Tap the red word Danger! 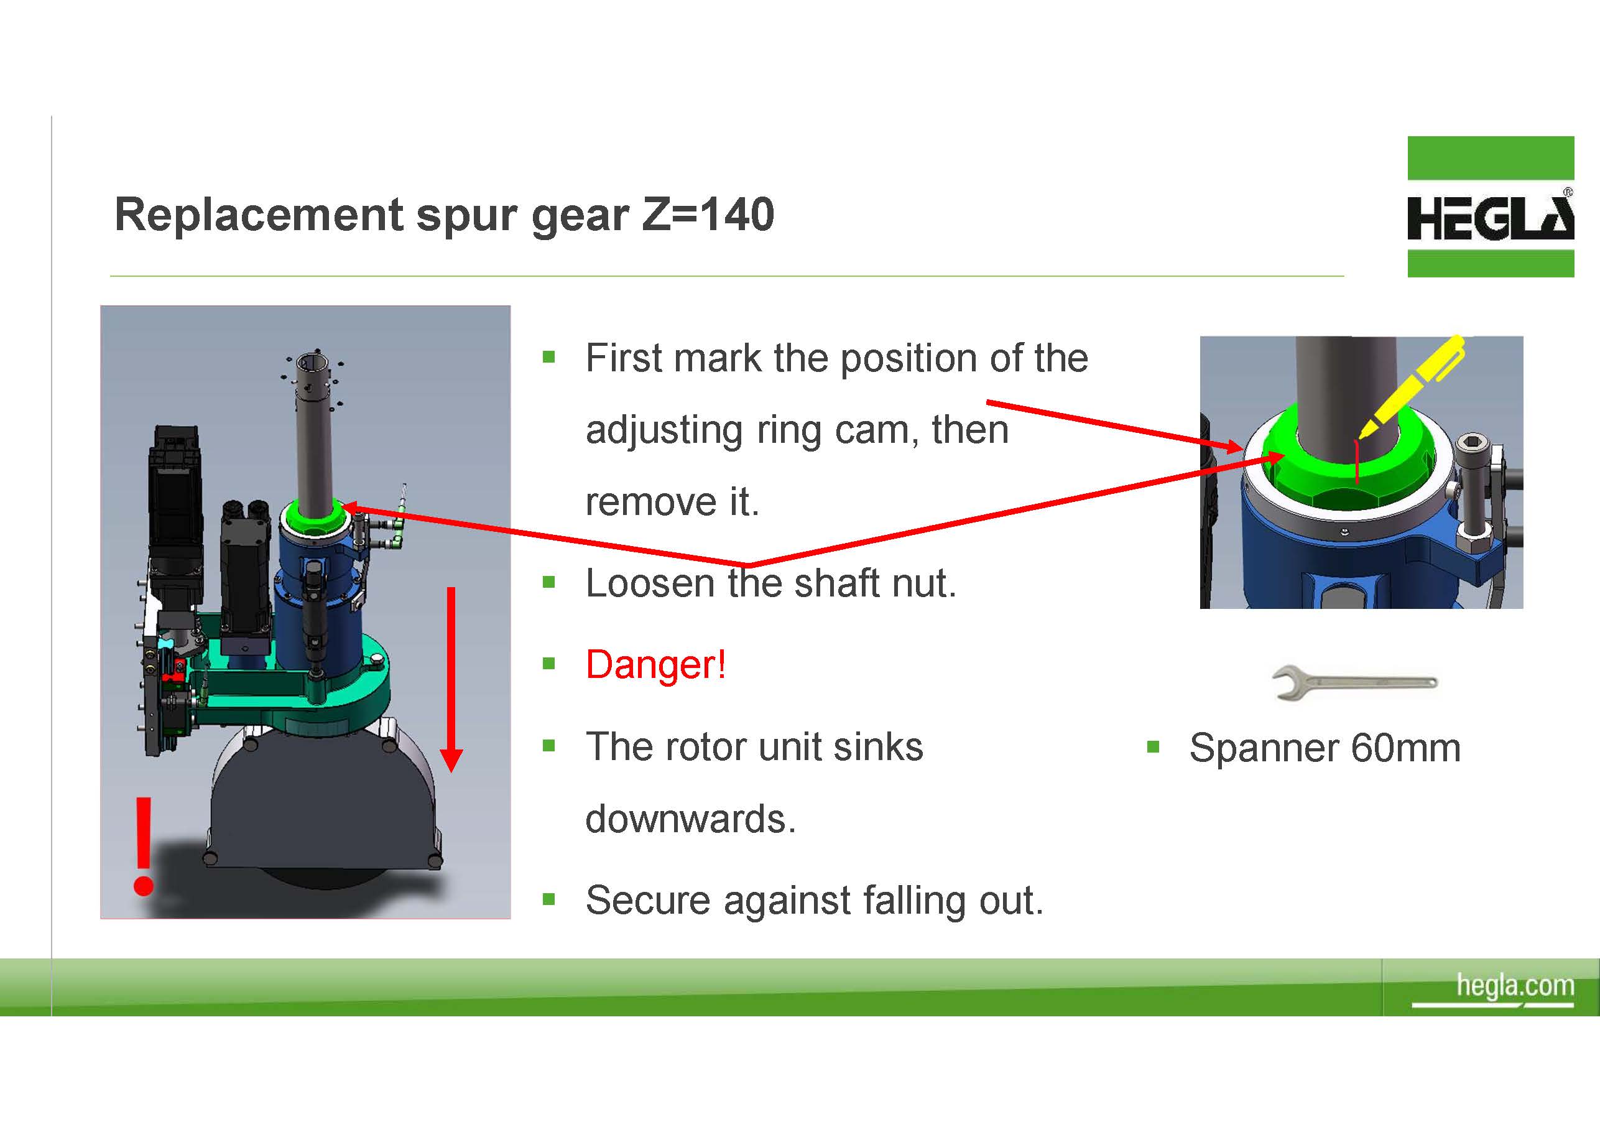click(x=656, y=664)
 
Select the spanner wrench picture click(x=1354, y=682)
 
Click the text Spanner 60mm click(x=1325, y=748)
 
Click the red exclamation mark click(x=144, y=845)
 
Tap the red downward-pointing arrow click(x=451, y=680)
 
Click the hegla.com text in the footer click(x=1515, y=986)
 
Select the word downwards click(x=690, y=819)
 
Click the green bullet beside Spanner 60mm click(x=1153, y=748)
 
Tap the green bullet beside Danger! click(x=549, y=664)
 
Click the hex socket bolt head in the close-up click(x=1471, y=443)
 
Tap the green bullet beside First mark click(x=549, y=358)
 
